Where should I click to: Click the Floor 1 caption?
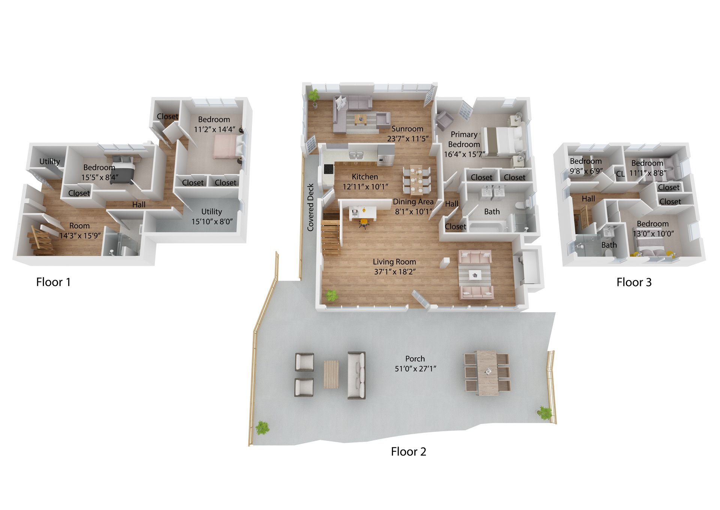point(53,282)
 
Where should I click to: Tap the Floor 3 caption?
point(634,282)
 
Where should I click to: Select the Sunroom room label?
point(407,129)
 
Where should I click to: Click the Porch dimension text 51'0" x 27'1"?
point(415,369)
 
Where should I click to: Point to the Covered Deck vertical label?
point(310,207)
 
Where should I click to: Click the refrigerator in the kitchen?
point(386,155)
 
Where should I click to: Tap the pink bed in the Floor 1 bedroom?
point(225,147)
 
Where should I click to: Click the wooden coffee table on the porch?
point(331,374)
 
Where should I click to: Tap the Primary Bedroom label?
point(464,139)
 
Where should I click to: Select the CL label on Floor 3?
point(620,174)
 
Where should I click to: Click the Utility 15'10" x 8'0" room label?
point(212,216)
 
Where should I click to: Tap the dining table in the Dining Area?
point(416,180)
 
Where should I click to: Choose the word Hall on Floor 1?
point(139,204)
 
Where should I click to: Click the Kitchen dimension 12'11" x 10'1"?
point(365,186)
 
